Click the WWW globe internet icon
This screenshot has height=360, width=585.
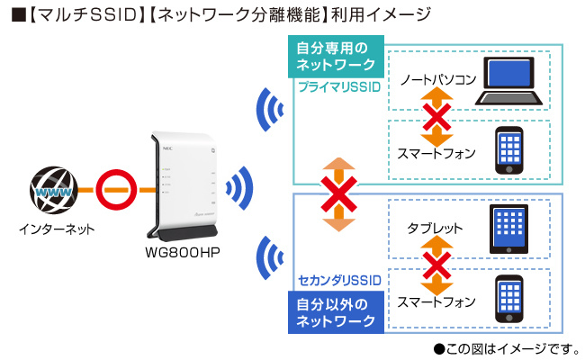pyautogui.click(x=52, y=191)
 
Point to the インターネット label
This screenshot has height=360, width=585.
pyautogui.click(x=56, y=230)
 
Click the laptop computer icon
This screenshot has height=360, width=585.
pyautogui.click(x=510, y=83)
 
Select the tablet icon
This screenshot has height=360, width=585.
pyautogui.click(x=510, y=229)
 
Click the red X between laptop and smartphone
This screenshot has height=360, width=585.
pyautogui.click(x=437, y=117)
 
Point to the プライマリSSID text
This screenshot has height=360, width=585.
pyautogui.click(x=338, y=87)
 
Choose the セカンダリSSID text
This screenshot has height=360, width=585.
pyautogui.click(x=338, y=281)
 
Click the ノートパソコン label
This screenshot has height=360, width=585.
pyautogui.click(x=437, y=80)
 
